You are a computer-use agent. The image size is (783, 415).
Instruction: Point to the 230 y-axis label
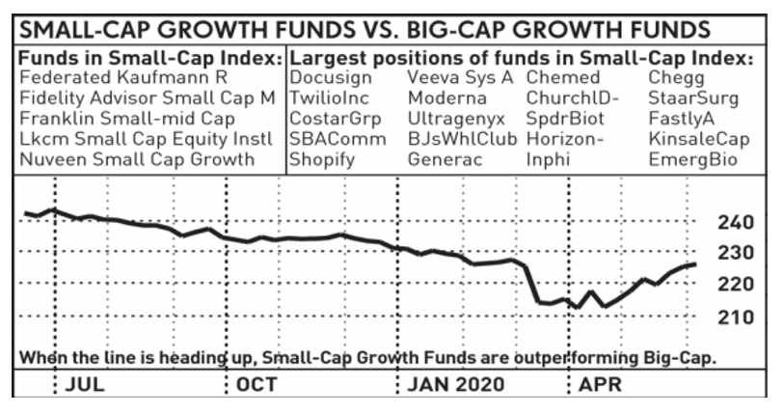click(736, 253)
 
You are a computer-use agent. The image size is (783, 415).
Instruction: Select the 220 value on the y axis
click(736, 285)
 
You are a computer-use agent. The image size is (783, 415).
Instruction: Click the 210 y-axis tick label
click(736, 317)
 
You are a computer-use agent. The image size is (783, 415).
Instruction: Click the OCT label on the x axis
click(256, 384)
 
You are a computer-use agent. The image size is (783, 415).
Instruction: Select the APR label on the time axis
click(601, 384)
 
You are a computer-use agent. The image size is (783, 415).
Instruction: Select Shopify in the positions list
click(322, 159)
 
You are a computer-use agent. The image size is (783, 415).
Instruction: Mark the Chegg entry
click(677, 77)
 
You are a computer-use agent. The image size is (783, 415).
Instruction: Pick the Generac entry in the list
click(444, 159)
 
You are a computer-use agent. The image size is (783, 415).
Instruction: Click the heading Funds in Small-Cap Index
click(150, 58)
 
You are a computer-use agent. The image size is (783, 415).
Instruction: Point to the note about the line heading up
click(368, 357)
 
